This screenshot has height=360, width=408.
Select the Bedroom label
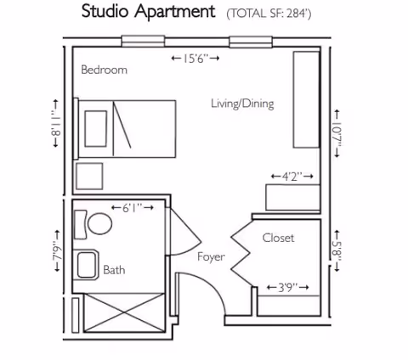point(104,70)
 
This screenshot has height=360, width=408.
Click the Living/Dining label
point(242,104)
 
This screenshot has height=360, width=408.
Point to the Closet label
point(278,238)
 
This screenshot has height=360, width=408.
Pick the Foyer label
point(211,256)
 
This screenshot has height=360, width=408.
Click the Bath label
point(114,270)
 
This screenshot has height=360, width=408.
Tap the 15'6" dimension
point(195,58)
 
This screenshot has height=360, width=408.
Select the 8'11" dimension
point(56,126)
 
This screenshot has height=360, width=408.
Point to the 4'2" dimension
point(292,176)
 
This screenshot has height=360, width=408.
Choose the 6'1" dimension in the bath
point(132,206)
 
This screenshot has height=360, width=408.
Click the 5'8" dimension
point(337,250)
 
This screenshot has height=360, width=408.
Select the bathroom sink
point(88,265)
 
